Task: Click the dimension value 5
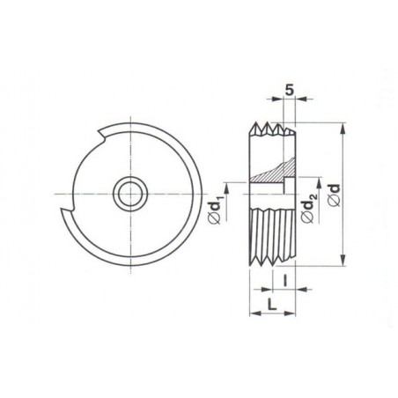(x=289, y=91)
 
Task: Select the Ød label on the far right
(x=335, y=195)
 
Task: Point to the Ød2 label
(x=308, y=208)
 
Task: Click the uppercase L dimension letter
(x=272, y=304)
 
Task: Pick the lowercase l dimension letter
(x=284, y=280)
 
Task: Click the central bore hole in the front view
(x=130, y=194)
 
